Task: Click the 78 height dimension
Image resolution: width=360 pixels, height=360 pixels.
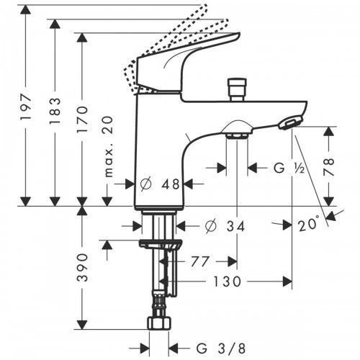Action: [329, 168]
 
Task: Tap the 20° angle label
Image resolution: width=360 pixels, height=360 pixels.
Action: [309, 225]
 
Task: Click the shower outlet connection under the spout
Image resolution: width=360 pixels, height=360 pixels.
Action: [238, 131]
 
